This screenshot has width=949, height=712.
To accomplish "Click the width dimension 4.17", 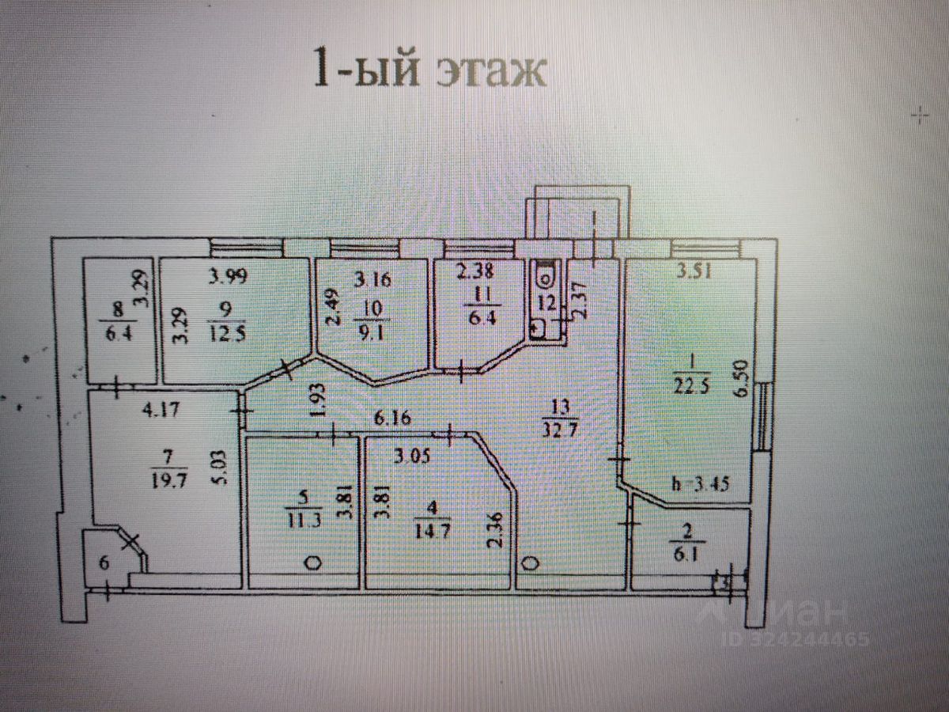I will [157, 411].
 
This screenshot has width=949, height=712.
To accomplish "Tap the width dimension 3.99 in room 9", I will [225, 277].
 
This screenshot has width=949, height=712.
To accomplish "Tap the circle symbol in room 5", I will [313, 563].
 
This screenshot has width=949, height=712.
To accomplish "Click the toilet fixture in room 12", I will [545, 277].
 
